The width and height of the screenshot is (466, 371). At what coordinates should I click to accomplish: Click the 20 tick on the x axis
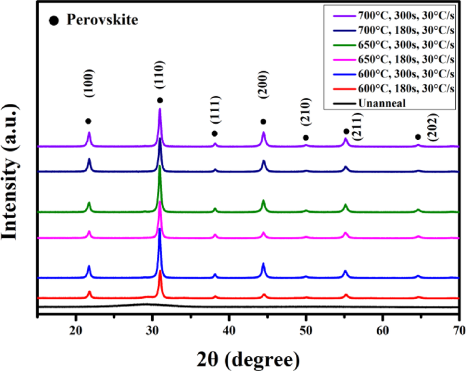coord(75,330)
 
